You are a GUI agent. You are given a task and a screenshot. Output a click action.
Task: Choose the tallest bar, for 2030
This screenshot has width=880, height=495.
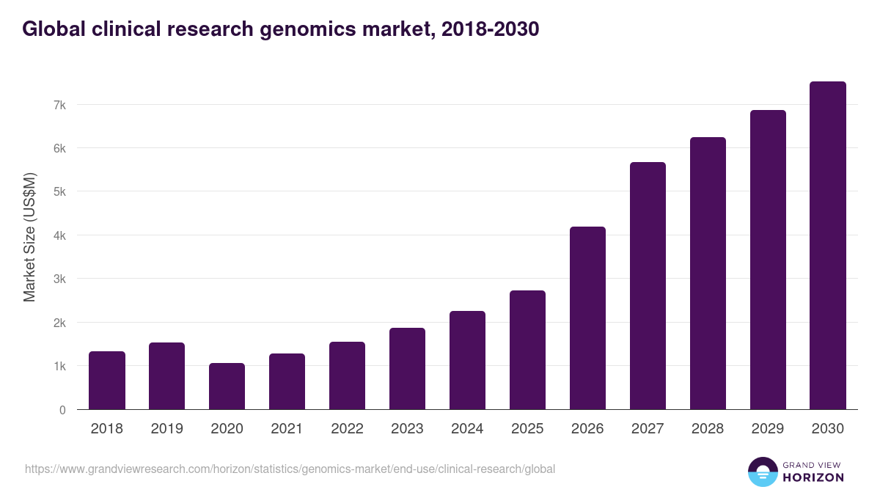(x=828, y=246)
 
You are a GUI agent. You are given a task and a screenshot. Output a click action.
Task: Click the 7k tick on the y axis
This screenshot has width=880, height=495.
(x=59, y=105)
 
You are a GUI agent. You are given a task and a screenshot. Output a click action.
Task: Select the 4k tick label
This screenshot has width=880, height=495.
(x=59, y=235)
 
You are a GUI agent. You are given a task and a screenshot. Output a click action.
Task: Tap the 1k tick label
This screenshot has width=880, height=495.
(x=59, y=366)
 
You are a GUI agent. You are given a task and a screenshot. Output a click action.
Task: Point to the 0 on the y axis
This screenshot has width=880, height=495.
(x=62, y=410)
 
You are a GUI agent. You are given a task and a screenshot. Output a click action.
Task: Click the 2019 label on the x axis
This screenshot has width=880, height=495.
(x=167, y=429)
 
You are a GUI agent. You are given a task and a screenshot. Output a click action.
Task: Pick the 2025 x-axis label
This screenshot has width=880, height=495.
(x=528, y=429)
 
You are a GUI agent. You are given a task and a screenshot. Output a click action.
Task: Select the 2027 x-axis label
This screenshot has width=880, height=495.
(x=648, y=429)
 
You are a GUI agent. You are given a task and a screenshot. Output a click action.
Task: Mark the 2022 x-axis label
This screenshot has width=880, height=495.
(x=348, y=429)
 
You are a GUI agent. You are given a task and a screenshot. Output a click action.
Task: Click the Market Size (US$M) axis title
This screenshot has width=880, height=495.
(x=30, y=236)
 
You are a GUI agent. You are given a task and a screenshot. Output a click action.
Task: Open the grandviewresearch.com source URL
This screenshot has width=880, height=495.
(x=290, y=469)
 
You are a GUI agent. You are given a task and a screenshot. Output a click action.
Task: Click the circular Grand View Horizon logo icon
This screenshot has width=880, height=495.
(x=762, y=472)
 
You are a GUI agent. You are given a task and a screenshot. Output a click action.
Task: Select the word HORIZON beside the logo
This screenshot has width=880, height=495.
(x=813, y=477)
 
